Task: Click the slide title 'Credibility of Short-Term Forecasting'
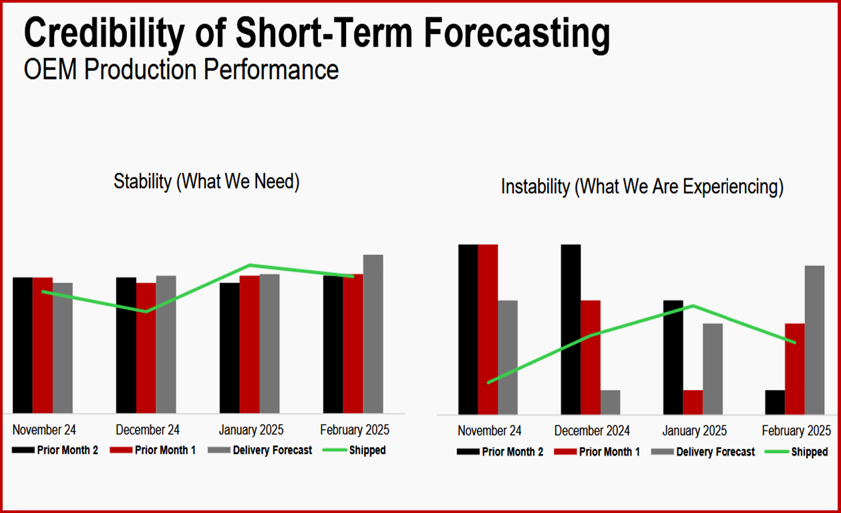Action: [317, 33]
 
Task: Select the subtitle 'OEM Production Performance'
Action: [181, 69]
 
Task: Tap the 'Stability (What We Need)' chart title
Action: [206, 181]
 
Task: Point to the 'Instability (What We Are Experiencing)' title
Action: [642, 186]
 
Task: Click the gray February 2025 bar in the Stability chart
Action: [373, 334]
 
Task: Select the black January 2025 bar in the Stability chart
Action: [229, 347]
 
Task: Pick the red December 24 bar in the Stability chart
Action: [146, 347]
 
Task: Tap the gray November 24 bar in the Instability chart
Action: [508, 357]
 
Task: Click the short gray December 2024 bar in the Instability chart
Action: [610, 402]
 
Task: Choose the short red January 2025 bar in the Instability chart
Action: [693, 402]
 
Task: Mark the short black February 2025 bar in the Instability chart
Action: [775, 402]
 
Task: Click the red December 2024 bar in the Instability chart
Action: [590, 357]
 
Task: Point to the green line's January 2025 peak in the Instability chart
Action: [693, 306]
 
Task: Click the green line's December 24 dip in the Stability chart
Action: [146, 311]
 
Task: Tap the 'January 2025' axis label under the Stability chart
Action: [251, 430]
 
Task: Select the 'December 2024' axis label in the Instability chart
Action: [592, 431]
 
